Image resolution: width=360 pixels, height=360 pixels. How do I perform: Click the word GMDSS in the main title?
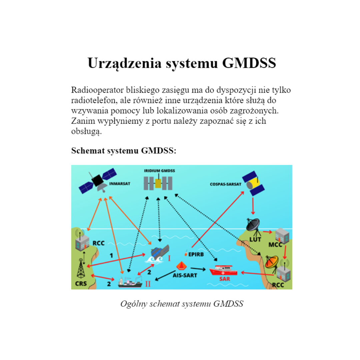(249, 63)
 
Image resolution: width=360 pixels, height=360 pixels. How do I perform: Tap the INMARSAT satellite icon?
(98, 181)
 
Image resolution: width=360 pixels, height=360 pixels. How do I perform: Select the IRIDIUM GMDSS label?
(159, 171)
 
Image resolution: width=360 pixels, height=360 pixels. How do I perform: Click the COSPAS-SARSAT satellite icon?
(253, 183)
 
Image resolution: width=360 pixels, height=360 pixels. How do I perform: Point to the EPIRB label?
(196, 254)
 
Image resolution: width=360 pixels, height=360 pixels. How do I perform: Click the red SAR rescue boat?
(223, 270)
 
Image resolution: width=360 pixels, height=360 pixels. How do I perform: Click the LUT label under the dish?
(255, 239)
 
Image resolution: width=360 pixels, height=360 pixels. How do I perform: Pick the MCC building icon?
(282, 236)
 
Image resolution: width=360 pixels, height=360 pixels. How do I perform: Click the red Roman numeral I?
(169, 258)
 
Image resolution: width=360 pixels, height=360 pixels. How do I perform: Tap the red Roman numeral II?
(148, 284)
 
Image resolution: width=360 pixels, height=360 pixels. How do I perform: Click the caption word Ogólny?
(134, 304)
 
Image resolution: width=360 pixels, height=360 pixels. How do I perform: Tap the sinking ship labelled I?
(158, 254)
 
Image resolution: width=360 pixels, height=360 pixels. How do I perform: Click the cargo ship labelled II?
(130, 282)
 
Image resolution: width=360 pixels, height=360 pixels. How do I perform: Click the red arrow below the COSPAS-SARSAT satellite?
(253, 206)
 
